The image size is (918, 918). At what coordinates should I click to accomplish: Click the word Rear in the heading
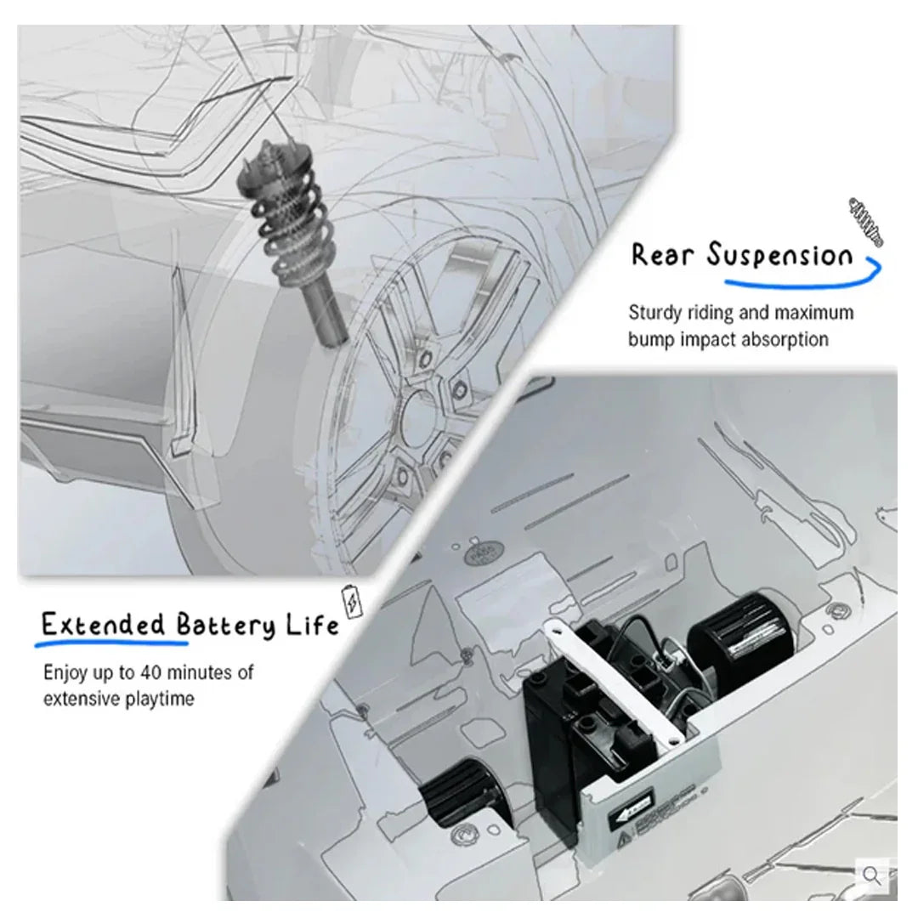point(662,255)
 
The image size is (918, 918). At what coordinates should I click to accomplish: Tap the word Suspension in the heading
point(779,255)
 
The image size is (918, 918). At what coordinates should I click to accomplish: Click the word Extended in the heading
point(103,624)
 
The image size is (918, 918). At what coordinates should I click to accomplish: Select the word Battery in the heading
point(225,626)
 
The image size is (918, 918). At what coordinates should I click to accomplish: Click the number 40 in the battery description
point(150,672)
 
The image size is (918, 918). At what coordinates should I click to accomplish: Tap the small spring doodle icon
point(865,222)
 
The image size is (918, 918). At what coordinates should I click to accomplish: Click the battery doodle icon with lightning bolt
point(352,601)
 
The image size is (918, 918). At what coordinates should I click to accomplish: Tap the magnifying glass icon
point(872,875)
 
